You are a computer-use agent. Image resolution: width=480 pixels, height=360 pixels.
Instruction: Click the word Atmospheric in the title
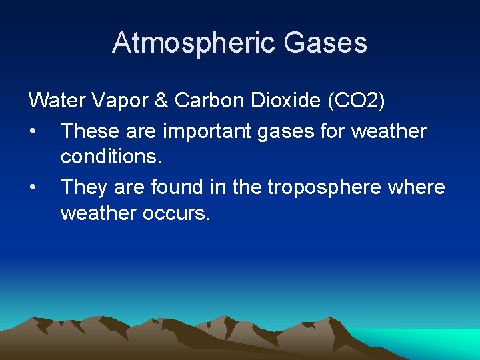tap(193, 43)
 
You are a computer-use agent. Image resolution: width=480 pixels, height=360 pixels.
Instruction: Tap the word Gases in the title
tap(325, 43)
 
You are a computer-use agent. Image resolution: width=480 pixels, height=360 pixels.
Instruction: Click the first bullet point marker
tap(33, 131)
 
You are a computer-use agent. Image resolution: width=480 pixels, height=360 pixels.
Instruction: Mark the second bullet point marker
tap(33, 187)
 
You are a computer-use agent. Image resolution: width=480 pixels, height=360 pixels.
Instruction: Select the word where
tap(416, 187)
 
